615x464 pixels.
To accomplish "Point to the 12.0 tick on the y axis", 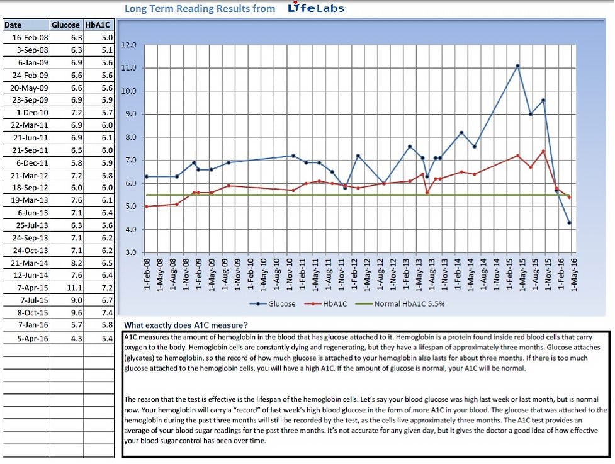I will coord(129,45).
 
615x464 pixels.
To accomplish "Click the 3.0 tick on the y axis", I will coord(130,253).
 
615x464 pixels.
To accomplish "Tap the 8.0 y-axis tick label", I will coord(130,137).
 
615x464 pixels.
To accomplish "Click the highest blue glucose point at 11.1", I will coord(517,65).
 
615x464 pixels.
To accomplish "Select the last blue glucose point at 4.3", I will coord(569,223).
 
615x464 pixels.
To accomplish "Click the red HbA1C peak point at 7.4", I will coord(543,151).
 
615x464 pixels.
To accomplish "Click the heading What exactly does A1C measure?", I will coord(186,325).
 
